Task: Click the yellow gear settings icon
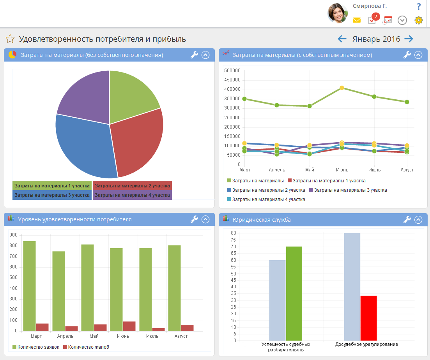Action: tap(419, 20)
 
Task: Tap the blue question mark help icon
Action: tap(419, 6)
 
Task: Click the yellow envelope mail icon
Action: tap(356, 20)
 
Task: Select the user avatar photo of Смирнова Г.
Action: tap(338, 13)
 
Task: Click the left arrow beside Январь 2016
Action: tap(342, 39)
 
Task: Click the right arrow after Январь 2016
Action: tap(409, 39)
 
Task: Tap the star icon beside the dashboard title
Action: tap(10, 39)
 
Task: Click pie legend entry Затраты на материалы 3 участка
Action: tap(52, 195)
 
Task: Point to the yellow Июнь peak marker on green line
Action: tap(342, 88)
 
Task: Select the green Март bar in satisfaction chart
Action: tap(29, 286)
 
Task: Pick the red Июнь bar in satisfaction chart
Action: tap(129, 326)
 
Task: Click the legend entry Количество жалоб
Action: tap(86, 347)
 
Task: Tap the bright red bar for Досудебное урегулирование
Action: tap(368, 318)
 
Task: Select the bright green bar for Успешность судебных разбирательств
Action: tap(294, 293)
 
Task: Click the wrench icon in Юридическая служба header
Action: tap(407, 219)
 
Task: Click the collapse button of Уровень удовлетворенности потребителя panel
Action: tap(206, 219)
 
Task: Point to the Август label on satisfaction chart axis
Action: tap(181, 336)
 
